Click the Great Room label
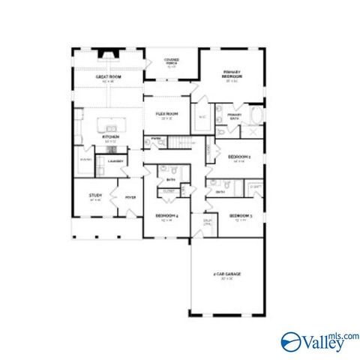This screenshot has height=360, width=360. (109, 77)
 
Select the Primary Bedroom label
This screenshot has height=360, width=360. (230, 75)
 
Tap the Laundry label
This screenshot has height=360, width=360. (115, 160)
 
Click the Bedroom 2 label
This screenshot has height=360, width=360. (238, 157)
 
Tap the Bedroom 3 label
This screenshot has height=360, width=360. (240, 217)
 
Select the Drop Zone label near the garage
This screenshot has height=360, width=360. (207, 222)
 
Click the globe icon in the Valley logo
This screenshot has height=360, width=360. (291, 341)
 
